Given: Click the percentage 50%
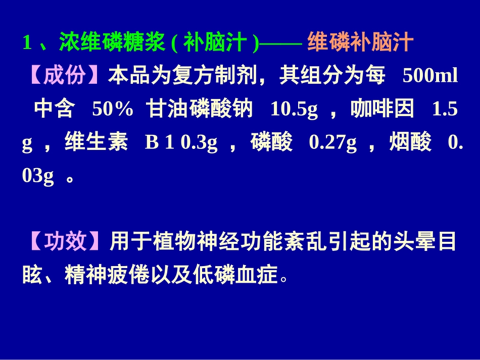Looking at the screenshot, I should [x=112, y=110].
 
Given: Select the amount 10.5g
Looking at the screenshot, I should [x=294, y=110].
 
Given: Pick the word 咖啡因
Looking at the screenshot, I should [x=382, y=110].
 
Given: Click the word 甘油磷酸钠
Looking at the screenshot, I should [x=200, y=110].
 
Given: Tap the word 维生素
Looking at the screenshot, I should [x=96, y=143].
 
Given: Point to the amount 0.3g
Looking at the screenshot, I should [x=199, y=143].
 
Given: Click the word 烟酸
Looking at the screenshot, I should [x=410, y=143].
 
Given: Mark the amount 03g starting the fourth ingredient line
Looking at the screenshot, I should [x=38, y=177].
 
